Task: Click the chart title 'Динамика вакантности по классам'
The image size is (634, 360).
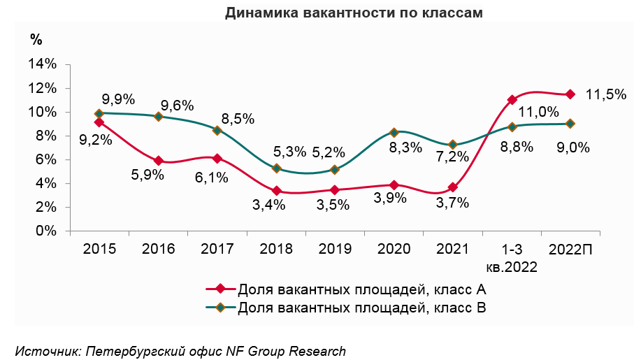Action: click(x=354, y=13)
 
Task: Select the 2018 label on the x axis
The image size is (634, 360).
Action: click(x=276, y=249)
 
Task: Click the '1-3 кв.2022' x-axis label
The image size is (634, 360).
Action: click(x=512, y=258)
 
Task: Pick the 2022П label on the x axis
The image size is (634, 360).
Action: click(x=570, y=249)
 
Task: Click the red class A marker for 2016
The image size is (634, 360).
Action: click(x=159, y=161)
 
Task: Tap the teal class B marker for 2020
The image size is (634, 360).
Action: click(x=394, y=132)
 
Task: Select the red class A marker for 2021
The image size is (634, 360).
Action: click(x=453, y=187)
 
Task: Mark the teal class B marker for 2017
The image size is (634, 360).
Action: click(x=217, y=130)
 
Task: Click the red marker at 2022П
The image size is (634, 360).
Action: click(x=570, y=94)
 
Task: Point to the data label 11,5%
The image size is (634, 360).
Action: click(x=606, y=94)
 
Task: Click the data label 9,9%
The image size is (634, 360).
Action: click(x=118, y=99)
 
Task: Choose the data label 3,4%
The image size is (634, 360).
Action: click(x=269, y=205)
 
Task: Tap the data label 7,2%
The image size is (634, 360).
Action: click(x=452, y=157)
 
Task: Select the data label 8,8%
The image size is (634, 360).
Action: click(x=517, y=147)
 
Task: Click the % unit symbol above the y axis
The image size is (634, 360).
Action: click(x=36, y=39)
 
